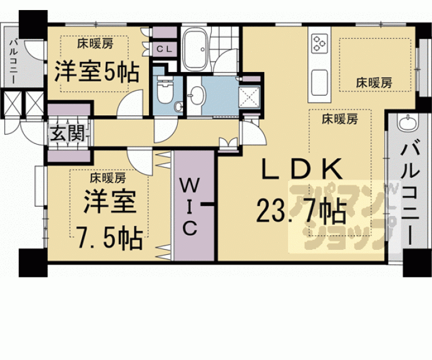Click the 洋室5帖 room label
click(x=96, y=73)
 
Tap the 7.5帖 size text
click(x=108, y=237)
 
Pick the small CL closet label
click(x=165, y=48)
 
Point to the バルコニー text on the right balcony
click(x=409, y=193)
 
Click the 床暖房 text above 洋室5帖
click(x=96, y=44)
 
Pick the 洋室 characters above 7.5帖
click(x=108, y=203)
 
